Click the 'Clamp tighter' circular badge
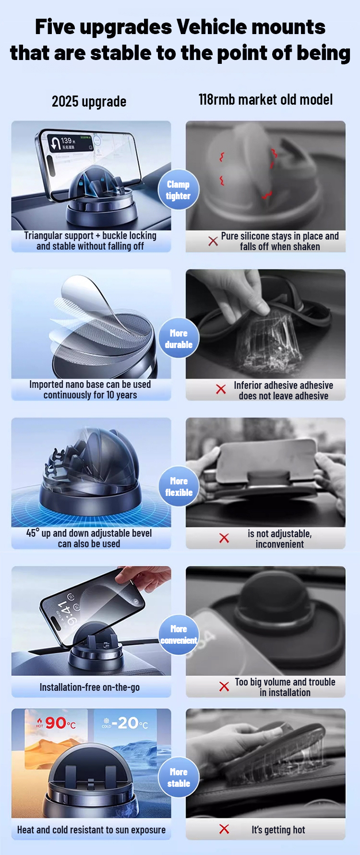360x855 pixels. pos(179,190)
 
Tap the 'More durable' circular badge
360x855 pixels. pos(179,338)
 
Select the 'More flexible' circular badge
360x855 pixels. pos(179,486)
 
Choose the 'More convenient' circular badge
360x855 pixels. pos(179,634)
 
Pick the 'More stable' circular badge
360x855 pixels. pos(179,777)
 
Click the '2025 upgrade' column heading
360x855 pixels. pos(89,102)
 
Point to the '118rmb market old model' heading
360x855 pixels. pos(265,100)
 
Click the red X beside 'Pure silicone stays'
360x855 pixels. pos(213,241)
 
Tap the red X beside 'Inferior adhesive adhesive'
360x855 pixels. pos(221,389)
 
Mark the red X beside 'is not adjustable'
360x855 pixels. pos(224,538)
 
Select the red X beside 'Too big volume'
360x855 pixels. pos(224,686)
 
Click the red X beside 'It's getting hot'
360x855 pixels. pos(224,829)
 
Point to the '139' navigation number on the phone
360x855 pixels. pos(66,141)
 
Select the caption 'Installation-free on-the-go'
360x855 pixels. pos(90,687)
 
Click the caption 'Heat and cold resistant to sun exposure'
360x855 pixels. pos(91,830)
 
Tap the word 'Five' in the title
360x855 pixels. pos(55,27)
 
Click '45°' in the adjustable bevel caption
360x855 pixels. pos(33,533)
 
